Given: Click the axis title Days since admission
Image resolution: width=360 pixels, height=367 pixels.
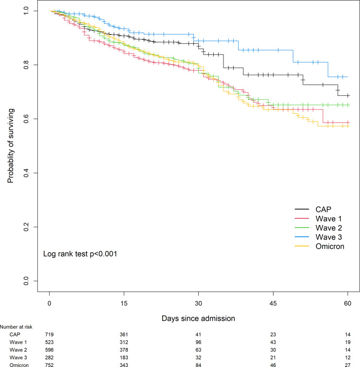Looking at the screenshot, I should pyautogui.click(x=199, y=318).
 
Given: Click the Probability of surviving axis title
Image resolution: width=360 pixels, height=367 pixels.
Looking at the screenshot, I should pyautogui.click(x=10, y=146).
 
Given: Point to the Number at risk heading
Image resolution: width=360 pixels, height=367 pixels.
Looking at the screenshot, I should pyautogui.click(x=17, y=327).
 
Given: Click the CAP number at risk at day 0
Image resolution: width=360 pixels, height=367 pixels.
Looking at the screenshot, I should pyautogui.click(x=50, y=335).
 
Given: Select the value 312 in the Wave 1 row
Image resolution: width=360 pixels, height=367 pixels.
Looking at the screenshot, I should pyautogui.click(x=124, y=342).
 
